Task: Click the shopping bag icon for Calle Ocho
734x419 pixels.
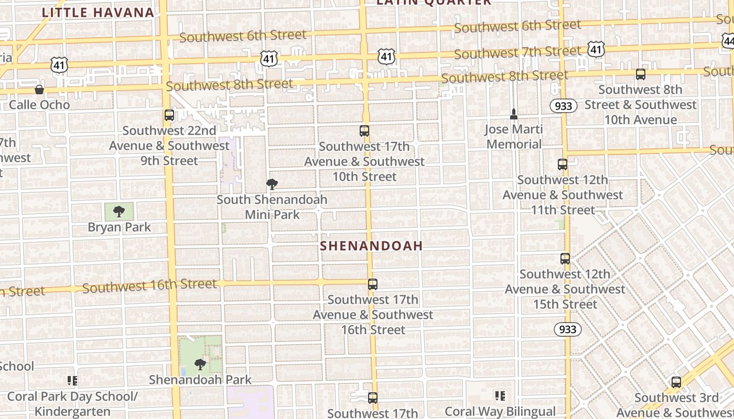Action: [39, 90]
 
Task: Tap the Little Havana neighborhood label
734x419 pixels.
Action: [98, 13]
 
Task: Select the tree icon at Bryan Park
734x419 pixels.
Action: [119, 212]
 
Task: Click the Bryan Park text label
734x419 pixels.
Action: [120, 227]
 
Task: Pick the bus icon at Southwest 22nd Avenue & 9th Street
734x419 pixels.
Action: [169, 115]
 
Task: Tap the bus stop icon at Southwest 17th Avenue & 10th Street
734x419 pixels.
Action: [364, 131]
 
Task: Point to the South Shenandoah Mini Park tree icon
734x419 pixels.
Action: [272, 184]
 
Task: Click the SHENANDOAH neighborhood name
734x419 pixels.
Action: [371, 246]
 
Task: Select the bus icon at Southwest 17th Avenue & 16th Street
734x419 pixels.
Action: [372, 284]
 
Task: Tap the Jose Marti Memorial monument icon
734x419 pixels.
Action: [514, 114]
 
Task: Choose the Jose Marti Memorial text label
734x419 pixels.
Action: [514, 137]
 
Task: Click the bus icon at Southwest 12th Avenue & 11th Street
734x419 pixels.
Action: [563, 164]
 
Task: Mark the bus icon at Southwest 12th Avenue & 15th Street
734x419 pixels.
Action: [565, 258]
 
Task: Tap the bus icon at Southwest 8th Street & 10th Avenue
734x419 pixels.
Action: [640, 74]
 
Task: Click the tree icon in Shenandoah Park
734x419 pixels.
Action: [200, 364]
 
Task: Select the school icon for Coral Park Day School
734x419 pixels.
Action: [72, 381]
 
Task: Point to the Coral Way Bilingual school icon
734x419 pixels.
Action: [500, 396]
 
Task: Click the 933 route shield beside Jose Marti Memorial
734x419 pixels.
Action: [564, 106]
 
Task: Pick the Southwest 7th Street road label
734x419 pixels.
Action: [517, 52]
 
